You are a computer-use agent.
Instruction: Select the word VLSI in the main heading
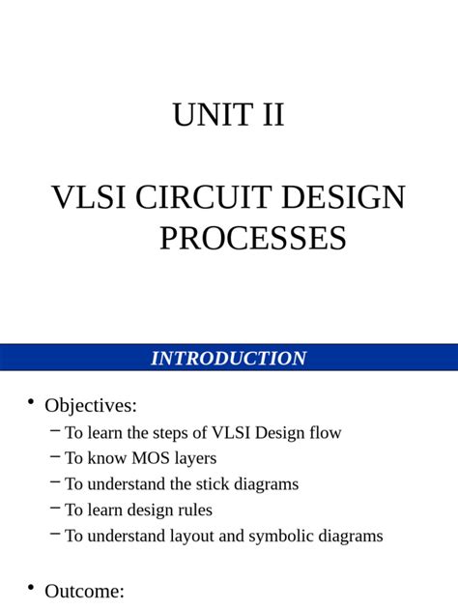[x=88, y=198]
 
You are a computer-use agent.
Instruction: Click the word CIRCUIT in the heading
[x=201, y=198]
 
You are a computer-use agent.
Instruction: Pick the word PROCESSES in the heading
[x=252, y=238]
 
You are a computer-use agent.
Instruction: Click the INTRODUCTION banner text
[x=229, y=359]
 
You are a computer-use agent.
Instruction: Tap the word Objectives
[x=91, y=406]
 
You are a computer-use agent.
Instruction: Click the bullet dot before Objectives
[x=30, y=402]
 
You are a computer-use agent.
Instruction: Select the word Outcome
[x=84, y=591]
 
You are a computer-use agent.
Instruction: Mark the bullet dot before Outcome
[x=30, y=587]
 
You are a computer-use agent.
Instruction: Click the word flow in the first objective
[x=325, y=433]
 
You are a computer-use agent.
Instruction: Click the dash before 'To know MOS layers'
[x=55, y=456]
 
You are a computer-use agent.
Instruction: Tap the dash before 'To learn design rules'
[x=55, y=508]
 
